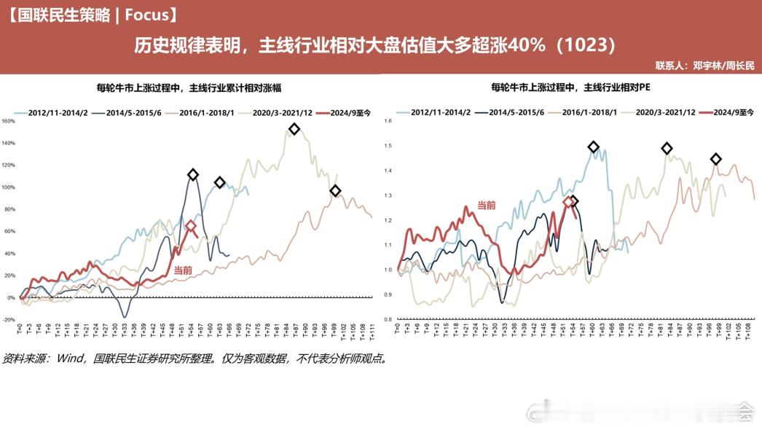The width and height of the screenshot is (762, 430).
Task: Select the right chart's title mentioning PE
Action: point(571,88)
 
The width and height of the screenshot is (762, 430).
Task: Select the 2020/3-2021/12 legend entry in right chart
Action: point(664,112)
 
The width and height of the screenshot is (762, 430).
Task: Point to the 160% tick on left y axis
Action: point(9,121)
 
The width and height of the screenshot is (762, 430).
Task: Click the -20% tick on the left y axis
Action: point(9,319)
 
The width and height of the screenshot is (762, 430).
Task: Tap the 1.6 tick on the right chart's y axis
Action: point(388,121)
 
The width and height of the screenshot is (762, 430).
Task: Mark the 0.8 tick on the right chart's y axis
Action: point(388,319)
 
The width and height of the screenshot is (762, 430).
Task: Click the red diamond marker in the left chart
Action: point(191,226)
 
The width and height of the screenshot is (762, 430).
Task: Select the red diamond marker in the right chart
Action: point(568,202)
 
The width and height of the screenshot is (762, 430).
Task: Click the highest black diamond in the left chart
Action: point(294,129)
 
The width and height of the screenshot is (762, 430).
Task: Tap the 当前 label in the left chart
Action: point(184,270)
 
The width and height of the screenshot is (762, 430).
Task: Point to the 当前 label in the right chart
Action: point(487,206)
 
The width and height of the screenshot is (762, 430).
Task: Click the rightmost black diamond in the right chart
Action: point(716,159)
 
